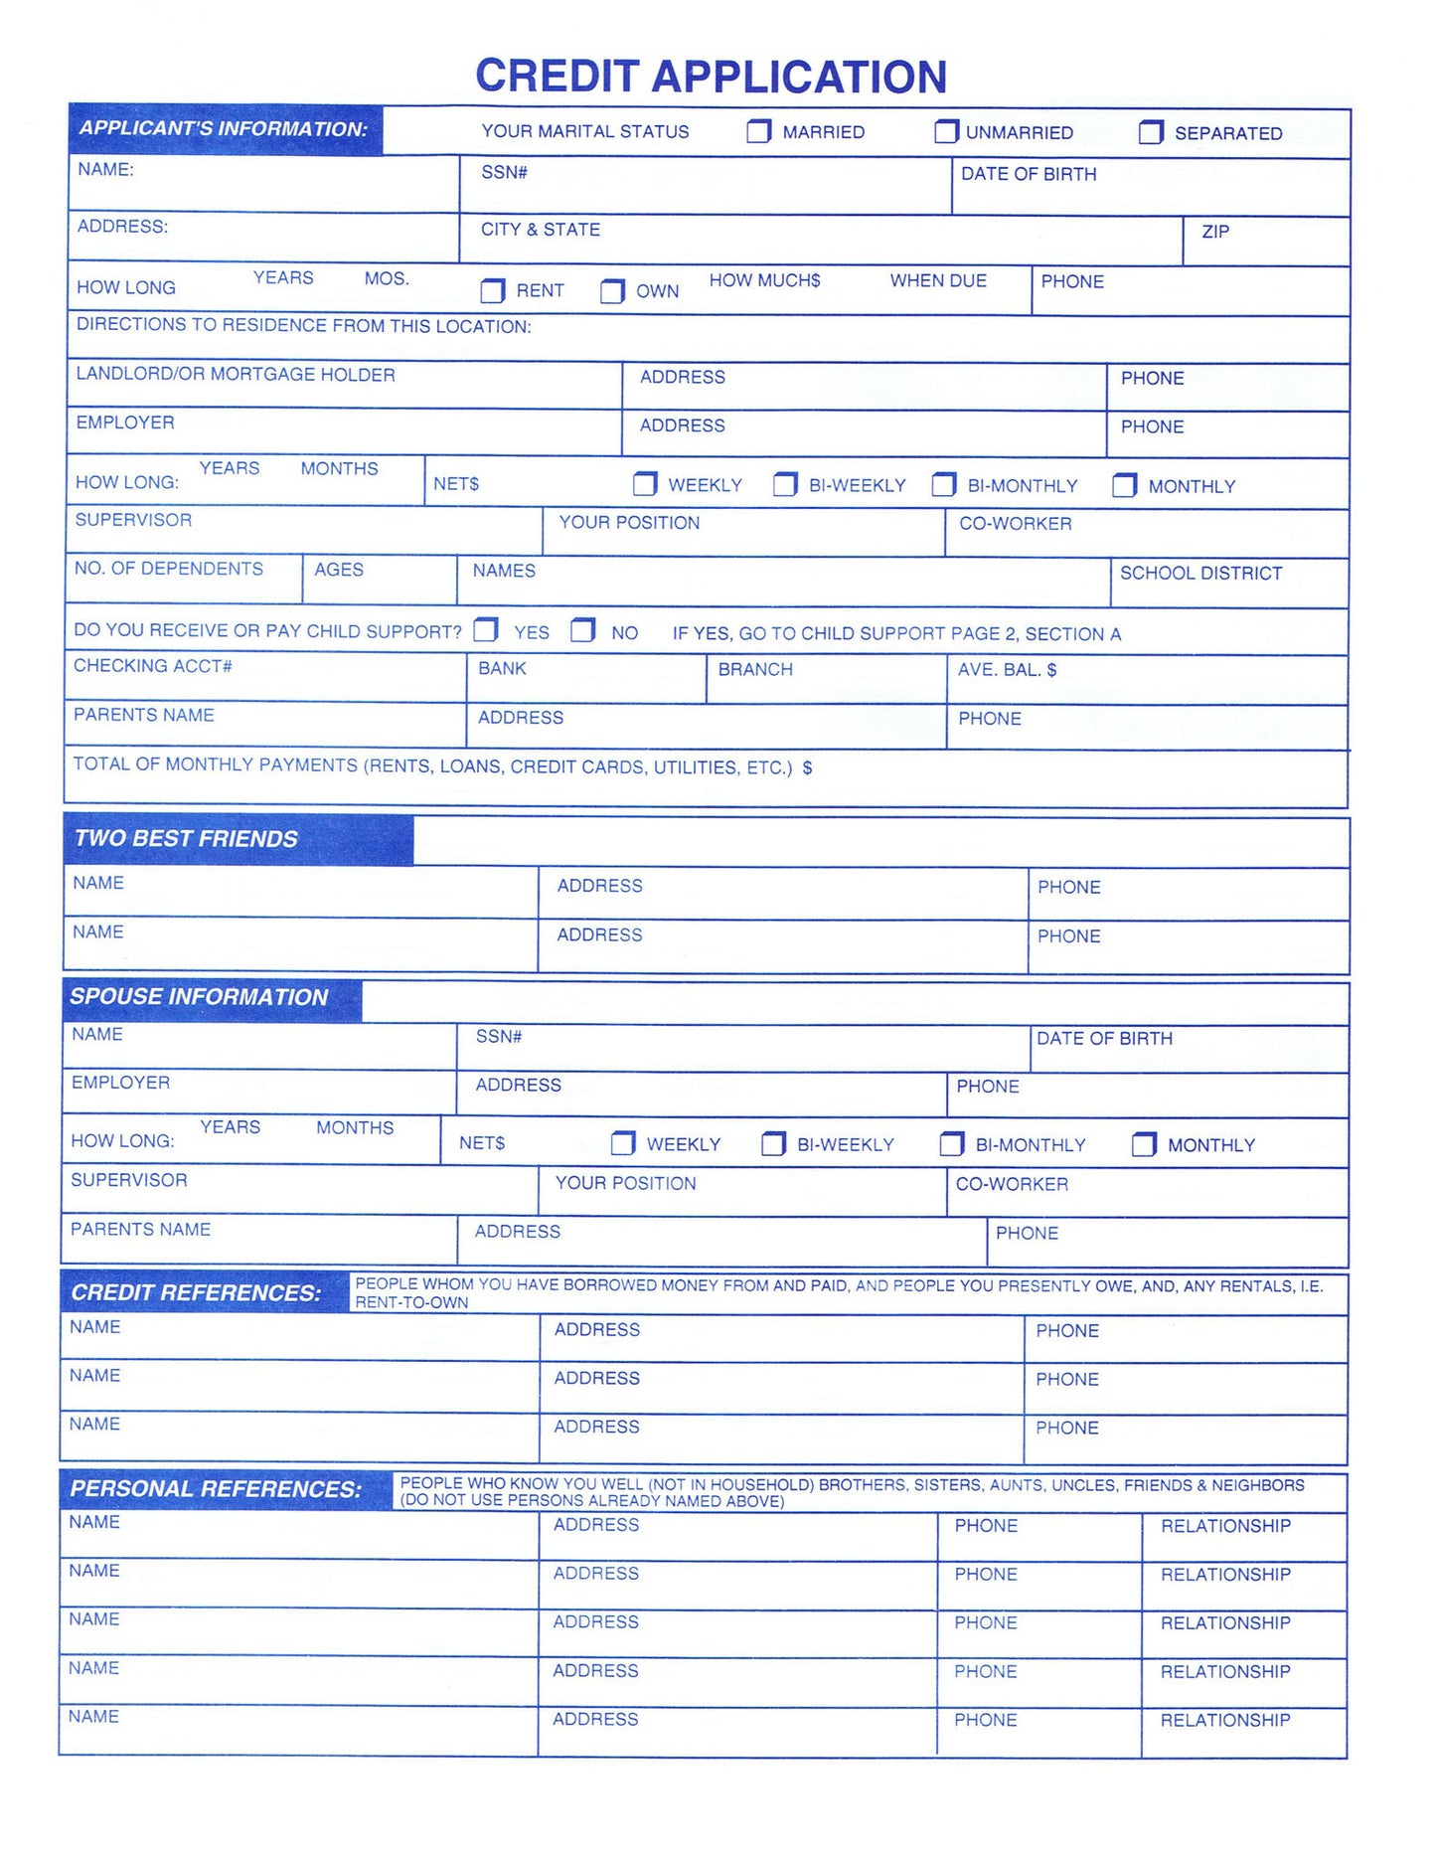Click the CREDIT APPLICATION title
pyautogui.click(x=711, y=77)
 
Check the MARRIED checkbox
pyautogui.click(x=758, y=131)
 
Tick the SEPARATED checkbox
pyautogui.click(x=1150, y=132)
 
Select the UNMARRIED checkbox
pyautogui.click(x=946, y=131)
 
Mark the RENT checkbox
pyautogui.click(x=492, y=290)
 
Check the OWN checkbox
pyautogui.click(x=612, y=291)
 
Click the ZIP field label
pyautogui.click(x=1215, y=232)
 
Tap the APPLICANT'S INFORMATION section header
pyautogui.click(x=224, y=129)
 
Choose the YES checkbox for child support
pyautogui.click(x=486, y=630)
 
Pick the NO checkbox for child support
pyautogui.click(x=582, y=630)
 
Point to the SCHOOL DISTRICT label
pyautogui.click(x=1200, y=574)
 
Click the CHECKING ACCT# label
pyautogui.click(x=153, y=666)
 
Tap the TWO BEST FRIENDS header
pyautogui.click(x=186, y=839)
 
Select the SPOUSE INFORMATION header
pyautogui.click(x=199, y=997)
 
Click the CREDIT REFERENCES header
pyautogui.click(x=196, y=1292)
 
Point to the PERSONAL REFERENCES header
pyautogui.click(x=216, y=1489)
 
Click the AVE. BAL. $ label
pyautogui.click(x=1007, y=670)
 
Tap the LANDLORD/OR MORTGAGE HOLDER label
pyautogui.click(x=236, y=375)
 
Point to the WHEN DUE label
pyautogui.click(x=938, y=281)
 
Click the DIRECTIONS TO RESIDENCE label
pyautogui.click(x=303, y=326)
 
